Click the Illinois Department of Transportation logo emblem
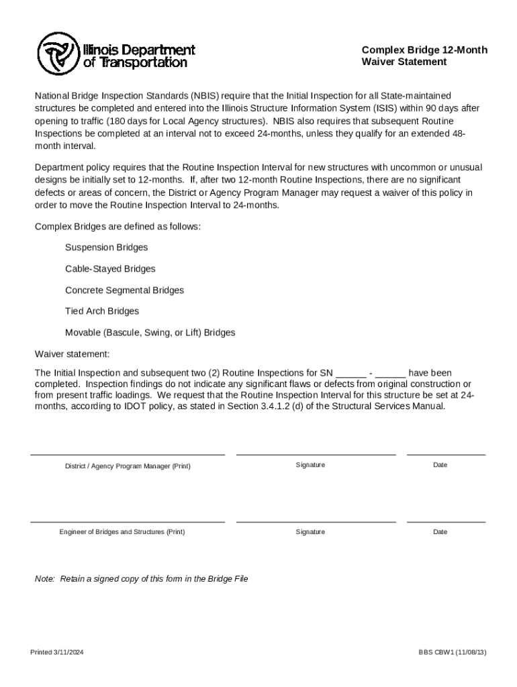coord(58,54)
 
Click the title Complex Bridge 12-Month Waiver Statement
coord(424,56)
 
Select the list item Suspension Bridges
coord(106,248)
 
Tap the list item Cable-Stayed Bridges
coord(110,269)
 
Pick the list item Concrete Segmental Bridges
coord(124,290)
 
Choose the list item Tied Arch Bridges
coord(102,311)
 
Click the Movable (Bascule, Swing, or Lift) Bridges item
coord(150,333)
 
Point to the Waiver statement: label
coord(72,354)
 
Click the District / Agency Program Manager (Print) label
coord(128,466)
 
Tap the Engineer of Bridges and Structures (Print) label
coord(122,532)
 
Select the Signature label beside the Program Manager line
coord(310,465)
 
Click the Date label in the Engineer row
coord(440,532)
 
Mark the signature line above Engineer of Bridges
coord(316,521)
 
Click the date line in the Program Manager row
coord(446,454)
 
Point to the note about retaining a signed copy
coord(141,579)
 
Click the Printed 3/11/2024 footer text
coord(56,653)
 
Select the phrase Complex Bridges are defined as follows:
coord(117,227)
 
